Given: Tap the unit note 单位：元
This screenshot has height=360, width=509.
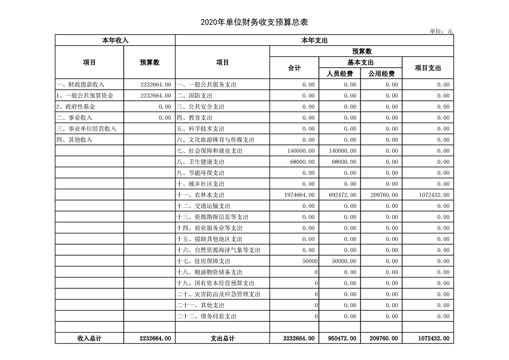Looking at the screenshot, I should [441, 31].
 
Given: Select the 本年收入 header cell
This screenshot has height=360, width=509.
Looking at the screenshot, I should [115, 40].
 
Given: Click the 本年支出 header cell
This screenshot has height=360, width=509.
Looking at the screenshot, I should [314, 40].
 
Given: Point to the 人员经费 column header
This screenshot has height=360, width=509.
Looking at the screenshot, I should [340, 74].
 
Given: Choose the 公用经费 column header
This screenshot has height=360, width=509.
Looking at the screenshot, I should [381, 74].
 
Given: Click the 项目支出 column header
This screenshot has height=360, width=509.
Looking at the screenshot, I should [428, 68].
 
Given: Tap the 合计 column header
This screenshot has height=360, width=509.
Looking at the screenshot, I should [294, 68].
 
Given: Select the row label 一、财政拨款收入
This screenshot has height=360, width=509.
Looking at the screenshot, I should [80, 84].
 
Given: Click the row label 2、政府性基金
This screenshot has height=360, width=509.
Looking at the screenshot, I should [76, 107].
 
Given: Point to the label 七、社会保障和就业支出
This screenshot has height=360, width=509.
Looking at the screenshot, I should [209, 151].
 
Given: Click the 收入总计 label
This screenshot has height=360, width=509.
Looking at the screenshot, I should [89, 338].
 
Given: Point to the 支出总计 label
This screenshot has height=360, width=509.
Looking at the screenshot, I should [222, 338].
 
